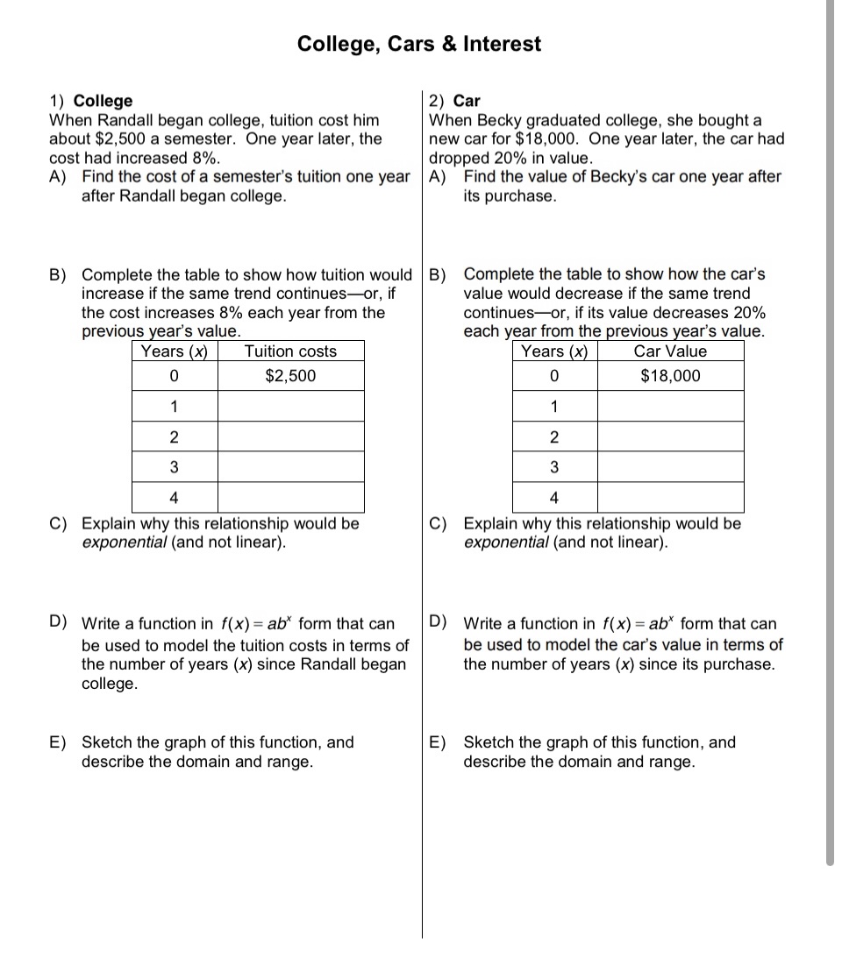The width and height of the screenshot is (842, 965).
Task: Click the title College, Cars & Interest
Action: [x=419, y=44]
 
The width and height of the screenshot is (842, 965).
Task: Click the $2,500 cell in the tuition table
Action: [x=290, y=376]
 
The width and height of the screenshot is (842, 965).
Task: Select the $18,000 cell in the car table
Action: [x=670, y=376]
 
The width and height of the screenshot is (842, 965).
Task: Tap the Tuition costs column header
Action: [x=290, y=351]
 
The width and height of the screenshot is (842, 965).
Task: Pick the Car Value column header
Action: [x=670, y=351]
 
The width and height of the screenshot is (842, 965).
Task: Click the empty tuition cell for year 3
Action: [x=290, y=466]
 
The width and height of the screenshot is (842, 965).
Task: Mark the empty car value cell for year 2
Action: [x=670, y=436]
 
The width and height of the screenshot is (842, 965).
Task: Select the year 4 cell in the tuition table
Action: [x=174, y=498]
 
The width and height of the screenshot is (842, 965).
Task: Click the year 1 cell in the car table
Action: [x=553, y=407]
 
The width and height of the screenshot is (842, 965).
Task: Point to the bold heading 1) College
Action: [x=91, y=101]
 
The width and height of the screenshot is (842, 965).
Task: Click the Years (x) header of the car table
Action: [x=553, y=351]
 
